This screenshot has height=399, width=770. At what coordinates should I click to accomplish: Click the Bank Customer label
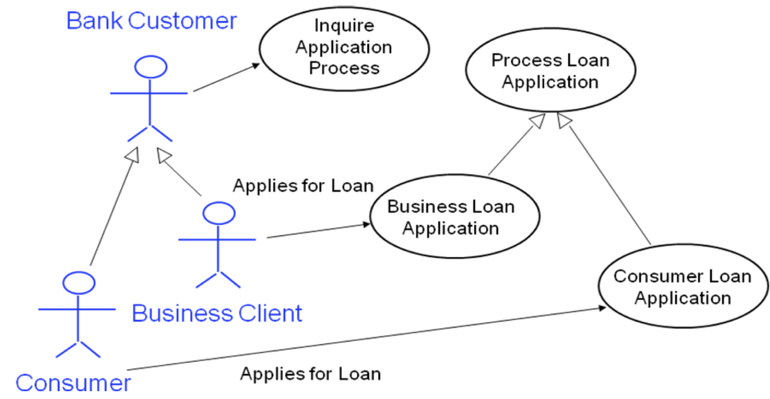(151, 21)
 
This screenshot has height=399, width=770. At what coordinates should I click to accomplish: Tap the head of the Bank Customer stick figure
(151, 67)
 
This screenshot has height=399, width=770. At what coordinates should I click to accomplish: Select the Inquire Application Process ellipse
(344, 49)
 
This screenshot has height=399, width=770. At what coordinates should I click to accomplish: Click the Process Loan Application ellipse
(550, 70)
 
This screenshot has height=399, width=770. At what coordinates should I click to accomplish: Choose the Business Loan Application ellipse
(455, 217)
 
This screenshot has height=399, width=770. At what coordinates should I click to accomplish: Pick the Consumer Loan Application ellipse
(682, 287)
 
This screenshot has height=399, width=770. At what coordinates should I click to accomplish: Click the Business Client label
(217, 313)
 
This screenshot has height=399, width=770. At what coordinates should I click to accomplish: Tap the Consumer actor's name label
(73, 382)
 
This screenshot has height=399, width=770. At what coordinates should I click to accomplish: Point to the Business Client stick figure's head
(219, 213)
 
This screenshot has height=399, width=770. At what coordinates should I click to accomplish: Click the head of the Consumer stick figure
(79, 283)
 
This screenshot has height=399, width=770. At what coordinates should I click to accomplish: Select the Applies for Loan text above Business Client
(303, 186)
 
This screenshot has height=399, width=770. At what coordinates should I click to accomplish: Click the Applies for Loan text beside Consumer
(310, 374)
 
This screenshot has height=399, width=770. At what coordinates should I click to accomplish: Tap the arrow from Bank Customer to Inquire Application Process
(226, 77)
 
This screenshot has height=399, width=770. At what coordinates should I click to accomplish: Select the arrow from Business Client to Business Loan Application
(318, 231)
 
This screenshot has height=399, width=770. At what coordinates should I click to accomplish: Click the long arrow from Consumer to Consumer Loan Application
(367, 338)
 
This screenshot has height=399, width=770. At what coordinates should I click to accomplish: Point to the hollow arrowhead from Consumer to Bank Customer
(133, 155)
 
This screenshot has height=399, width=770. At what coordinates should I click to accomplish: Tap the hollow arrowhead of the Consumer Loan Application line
(564, 120)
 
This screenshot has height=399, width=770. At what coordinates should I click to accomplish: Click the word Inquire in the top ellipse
(344, 25)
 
